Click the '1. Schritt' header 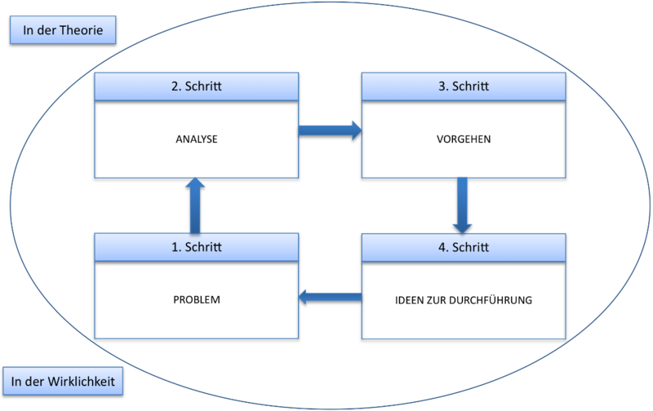(x=197, y=247)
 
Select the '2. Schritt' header (x=197, y=86)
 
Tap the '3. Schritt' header (x=464, y=86)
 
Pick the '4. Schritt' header (x=464, y=248)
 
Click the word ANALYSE (x=197, y=139)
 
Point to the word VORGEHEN (x=464, y=139)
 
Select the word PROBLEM (x=197, y=299)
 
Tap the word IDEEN (x=409, y=300)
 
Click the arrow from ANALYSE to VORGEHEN (x=330, y=130)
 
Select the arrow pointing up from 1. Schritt (x=195, y=205)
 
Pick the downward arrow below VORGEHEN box (x=462, y=205)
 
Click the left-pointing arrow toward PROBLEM (x=331, y=297)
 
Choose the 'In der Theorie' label (x=63, y=30)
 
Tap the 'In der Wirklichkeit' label (x=63, y=381)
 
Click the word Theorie (x=81, y=30)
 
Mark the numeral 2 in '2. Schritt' (x=175, y=86)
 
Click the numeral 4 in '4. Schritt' (x=442, y=248)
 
